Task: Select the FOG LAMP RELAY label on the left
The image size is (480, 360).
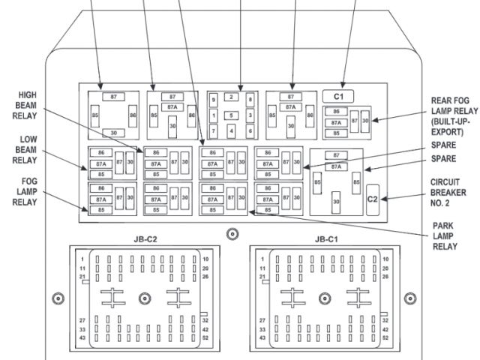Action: pos(27,192)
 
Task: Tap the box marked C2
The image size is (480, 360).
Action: pos(372,199)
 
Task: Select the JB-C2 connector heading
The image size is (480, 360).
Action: pos(145,240)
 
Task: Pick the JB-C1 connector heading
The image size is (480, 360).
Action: pos(327,240)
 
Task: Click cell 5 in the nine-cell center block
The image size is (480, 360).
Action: pos(232,115)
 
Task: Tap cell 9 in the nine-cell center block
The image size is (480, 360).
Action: pos(214,100)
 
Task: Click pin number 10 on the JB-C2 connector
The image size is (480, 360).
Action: pos(205,259)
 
